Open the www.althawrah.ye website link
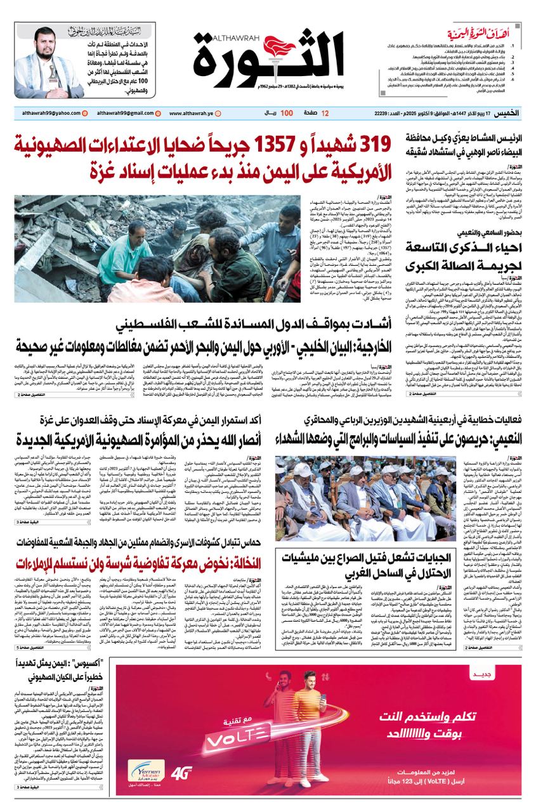(197, 113)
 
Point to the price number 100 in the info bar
(287, 113)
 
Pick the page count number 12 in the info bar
(325, 113)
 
